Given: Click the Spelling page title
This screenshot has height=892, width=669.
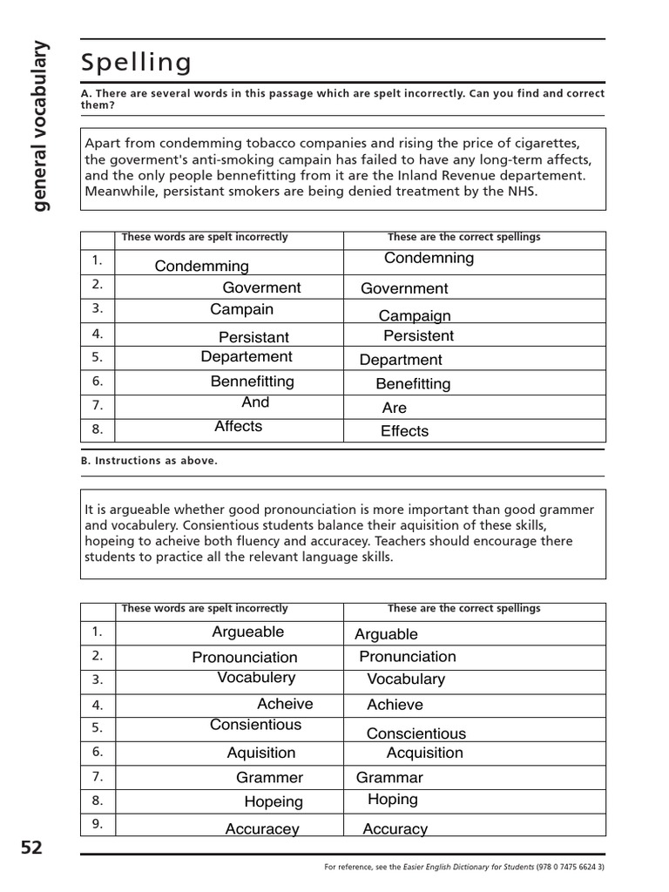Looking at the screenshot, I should click(136, 63).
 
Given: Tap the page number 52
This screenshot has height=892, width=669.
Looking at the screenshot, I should click(31, 848).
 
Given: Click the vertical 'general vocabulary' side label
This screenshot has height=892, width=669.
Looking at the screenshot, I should click(39, 126).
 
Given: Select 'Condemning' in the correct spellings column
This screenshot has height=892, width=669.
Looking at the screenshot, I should click(429, 258).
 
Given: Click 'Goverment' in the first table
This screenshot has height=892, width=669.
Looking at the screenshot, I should click(261, 287).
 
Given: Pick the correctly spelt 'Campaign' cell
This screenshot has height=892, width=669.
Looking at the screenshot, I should click(415, 316).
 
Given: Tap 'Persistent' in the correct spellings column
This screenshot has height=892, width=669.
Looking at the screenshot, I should click(418, 335).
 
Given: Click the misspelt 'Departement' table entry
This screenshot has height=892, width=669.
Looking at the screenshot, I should click(247, 356).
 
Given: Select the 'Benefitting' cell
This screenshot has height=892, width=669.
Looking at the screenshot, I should click(413, 384).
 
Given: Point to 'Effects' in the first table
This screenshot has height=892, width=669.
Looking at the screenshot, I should click(404, 431).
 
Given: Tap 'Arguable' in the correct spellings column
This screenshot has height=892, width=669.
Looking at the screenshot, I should click(386, 634).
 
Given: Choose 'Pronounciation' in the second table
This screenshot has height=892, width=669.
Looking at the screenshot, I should click(245, 658).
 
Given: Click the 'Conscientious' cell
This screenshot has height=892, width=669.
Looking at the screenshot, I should click(416, 733).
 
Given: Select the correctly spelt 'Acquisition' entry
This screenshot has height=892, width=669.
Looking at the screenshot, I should click(424, 753).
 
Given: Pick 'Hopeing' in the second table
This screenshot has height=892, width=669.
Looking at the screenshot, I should click(274, 801).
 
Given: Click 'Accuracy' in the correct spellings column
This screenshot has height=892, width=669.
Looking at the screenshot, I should click(395, 829).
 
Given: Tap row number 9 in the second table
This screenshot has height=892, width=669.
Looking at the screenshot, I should click(98, 824).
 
